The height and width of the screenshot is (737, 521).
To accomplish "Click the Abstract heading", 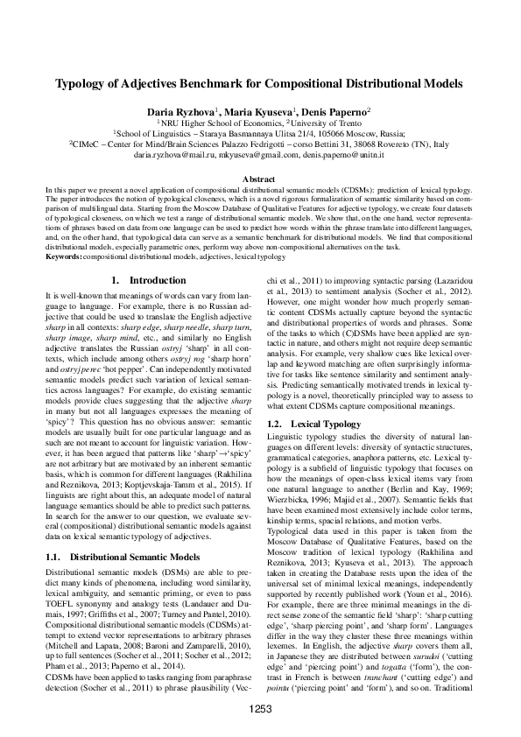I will [260, 177].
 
